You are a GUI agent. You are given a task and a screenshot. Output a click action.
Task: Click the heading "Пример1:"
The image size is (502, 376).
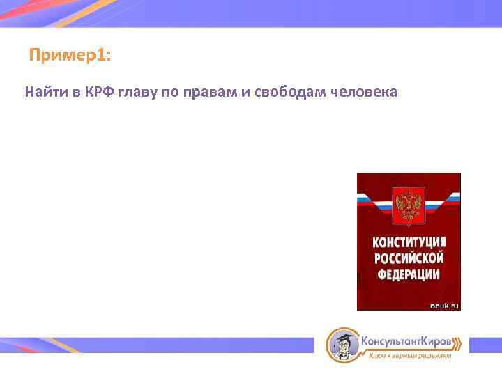(70, 55)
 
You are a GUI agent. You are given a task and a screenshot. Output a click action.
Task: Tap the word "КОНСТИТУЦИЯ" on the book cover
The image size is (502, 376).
(409, 242)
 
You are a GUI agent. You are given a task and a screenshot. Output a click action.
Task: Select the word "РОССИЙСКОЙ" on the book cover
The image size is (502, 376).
(409, 258)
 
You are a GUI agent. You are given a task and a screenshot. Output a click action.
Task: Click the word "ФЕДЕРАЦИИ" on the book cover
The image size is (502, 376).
(409, 273)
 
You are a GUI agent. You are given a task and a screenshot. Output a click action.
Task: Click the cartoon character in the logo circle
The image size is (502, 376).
(342, 344)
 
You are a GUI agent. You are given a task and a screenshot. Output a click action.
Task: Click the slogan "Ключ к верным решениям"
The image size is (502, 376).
(409, 356)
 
